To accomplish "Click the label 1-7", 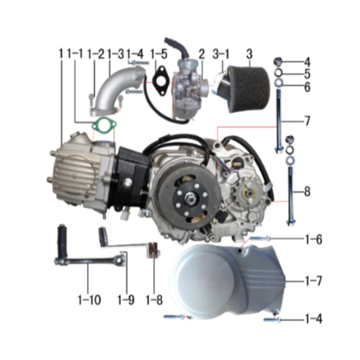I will click(313, 282).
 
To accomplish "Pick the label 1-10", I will click(88, 299).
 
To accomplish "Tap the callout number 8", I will click(307, 192).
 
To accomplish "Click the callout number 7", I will click(307, 121).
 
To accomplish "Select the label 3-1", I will click(221, 54).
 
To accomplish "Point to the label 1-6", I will click(313, 239).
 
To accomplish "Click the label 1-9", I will click(126, 299).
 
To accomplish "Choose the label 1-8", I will click(154, 299).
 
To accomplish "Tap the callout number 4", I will click(307, 62).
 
